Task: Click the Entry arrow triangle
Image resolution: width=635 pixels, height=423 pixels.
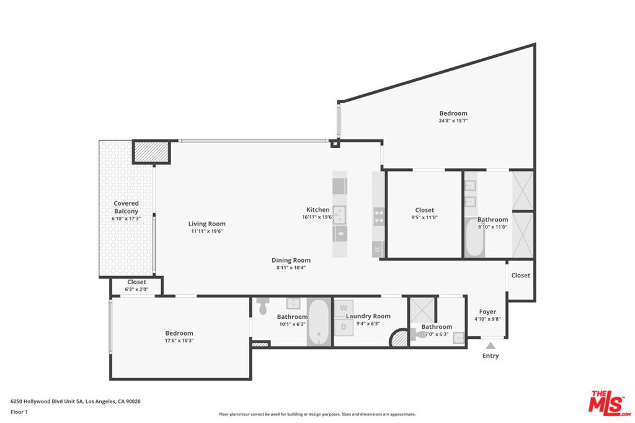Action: (x=491, y=346)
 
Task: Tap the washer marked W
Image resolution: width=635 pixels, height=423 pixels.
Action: (x=344, y=308)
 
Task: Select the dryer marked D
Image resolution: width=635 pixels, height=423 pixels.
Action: (x=344, y=327)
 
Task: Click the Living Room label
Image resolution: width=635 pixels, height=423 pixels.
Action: (x=206, y=224)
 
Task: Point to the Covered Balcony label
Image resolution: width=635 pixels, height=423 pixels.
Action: (x=126, y=207)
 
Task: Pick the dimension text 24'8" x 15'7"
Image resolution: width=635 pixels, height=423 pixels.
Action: (x=453, y=121)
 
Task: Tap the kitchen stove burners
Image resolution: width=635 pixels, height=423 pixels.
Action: (x=379, y=216)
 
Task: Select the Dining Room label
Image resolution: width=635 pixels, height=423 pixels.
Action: (x=291, y=260)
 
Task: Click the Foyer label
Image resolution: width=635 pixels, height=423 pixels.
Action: (x=487, y=312)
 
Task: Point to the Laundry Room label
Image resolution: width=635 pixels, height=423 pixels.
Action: (x=368, y=316)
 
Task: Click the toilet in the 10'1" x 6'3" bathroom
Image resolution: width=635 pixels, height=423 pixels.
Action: (x=262, y=306)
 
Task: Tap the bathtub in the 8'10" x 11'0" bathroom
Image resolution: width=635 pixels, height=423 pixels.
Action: (x=474, y=238)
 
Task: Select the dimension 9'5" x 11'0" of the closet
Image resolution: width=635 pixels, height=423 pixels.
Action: (x=424, y=217)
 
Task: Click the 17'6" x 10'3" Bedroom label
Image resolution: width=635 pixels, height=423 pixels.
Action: (x=179, y=333)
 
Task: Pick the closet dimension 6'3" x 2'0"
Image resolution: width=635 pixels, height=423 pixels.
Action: (x=136, y=289)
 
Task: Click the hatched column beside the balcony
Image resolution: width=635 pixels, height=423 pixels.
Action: (x=151, y=152)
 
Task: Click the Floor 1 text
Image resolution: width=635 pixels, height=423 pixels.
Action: (x=19, y=412)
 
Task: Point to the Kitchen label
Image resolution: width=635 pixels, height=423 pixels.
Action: (x=318, y=209)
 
